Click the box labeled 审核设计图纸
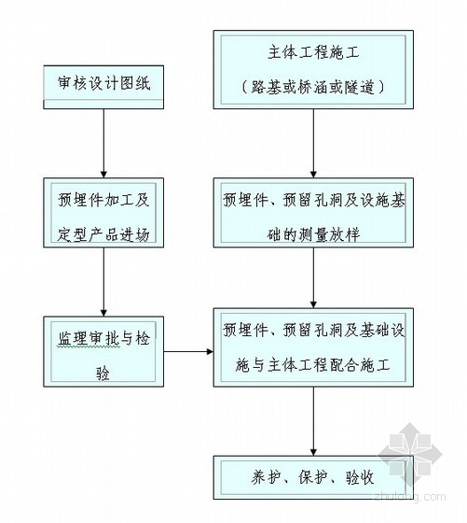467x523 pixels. (x=103, y=87)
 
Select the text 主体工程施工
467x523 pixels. (x=313, y=53)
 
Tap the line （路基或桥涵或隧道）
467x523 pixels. (x=313, y=88)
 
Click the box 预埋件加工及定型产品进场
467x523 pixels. (x=103, y=213)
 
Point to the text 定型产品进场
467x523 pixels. (x=103, y=234)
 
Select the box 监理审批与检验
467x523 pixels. (x=103, y=351)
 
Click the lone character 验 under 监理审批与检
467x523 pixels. (x=103, y=374)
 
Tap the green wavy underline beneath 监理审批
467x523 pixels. (x=89, y=346)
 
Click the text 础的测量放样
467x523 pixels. (x=313, y=234)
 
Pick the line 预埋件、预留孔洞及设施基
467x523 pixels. (x=314, y=201)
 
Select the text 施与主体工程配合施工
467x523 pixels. (x=312, y=365)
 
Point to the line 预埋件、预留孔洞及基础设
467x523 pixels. (x=314, y=331)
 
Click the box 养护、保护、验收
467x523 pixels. (x=313, y=477)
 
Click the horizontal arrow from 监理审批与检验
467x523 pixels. (x=188, y=351)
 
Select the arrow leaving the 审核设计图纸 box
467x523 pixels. (x=103, y=143)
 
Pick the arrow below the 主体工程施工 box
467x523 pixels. (x=313, y=143)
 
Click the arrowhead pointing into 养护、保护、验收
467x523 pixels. (x=313, y=452)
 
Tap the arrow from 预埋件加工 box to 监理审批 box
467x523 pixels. (x=103, y=282)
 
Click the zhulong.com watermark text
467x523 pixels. (x=410, y=497)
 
